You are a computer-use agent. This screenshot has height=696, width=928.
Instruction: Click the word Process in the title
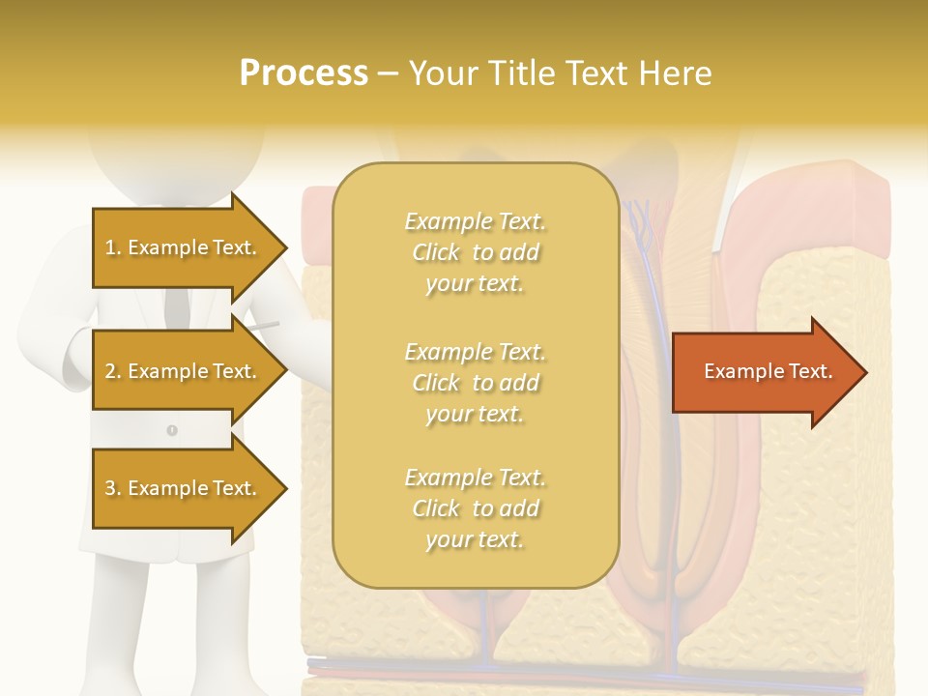click(304, 73)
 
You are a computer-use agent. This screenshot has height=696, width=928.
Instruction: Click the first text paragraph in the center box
click(475, 252)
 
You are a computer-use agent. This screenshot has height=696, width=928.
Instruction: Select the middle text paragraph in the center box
click(475, 383)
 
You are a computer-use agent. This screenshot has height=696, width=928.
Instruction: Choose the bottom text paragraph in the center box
click(475, 508)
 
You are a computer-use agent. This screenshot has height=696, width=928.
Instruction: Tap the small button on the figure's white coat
click(172, 429)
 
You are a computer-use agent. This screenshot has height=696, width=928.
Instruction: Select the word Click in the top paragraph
click(436, 252)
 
